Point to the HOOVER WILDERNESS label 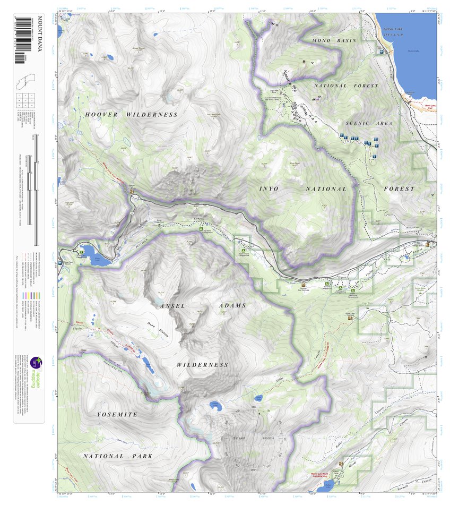[131, 115]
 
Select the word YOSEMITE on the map [117, 414]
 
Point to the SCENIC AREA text [369, 123]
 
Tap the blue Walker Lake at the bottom [329, 484]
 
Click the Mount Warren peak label [139, 49]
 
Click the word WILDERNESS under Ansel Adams [202, 365]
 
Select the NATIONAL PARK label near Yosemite [117, 456]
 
